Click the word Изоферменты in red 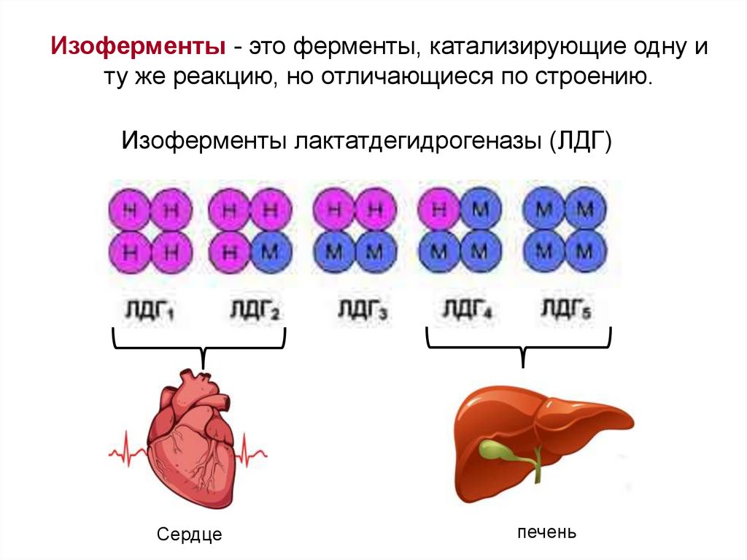point(136,48)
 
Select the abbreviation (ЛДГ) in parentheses point(578,139)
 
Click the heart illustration point(191,442)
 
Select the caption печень point(547,532)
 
